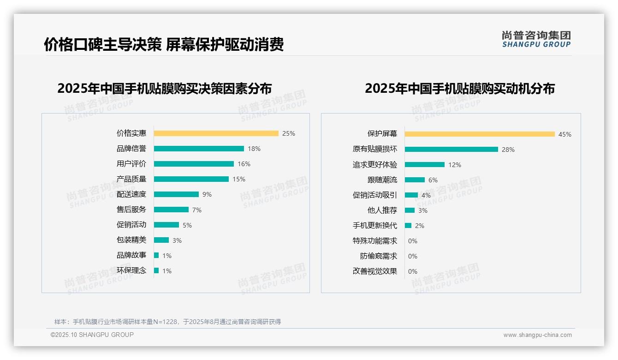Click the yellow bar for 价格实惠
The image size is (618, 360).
[x=216, y=133]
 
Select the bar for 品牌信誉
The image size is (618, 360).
[x=199, y=149]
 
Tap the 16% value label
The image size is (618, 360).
[x=244, y=164]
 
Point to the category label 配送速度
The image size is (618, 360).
[x=131, y=194]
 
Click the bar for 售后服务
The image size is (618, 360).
[x=171, y=210]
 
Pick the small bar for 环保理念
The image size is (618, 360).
[x=156, y=270]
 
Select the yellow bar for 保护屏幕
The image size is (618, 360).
[x=480, y=134]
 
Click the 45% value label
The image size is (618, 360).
[x=565, y=134]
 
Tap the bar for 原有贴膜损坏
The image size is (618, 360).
[x=452, y=150]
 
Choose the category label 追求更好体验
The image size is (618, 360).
[x=375, y=165]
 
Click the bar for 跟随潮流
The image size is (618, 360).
[x=415, y=180]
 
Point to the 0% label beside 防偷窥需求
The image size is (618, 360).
[x=413, y=256]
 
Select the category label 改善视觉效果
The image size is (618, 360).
[x=375, y=271]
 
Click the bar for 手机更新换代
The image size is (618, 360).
[x=408, y=226]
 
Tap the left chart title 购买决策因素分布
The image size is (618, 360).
[x=164, y=88]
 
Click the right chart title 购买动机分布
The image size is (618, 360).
[x=459, y=88]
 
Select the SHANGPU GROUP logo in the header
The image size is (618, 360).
[x=536, y=39]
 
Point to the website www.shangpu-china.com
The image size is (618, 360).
[x=537, y=335]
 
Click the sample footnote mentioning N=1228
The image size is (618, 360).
[x=167, y=322]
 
